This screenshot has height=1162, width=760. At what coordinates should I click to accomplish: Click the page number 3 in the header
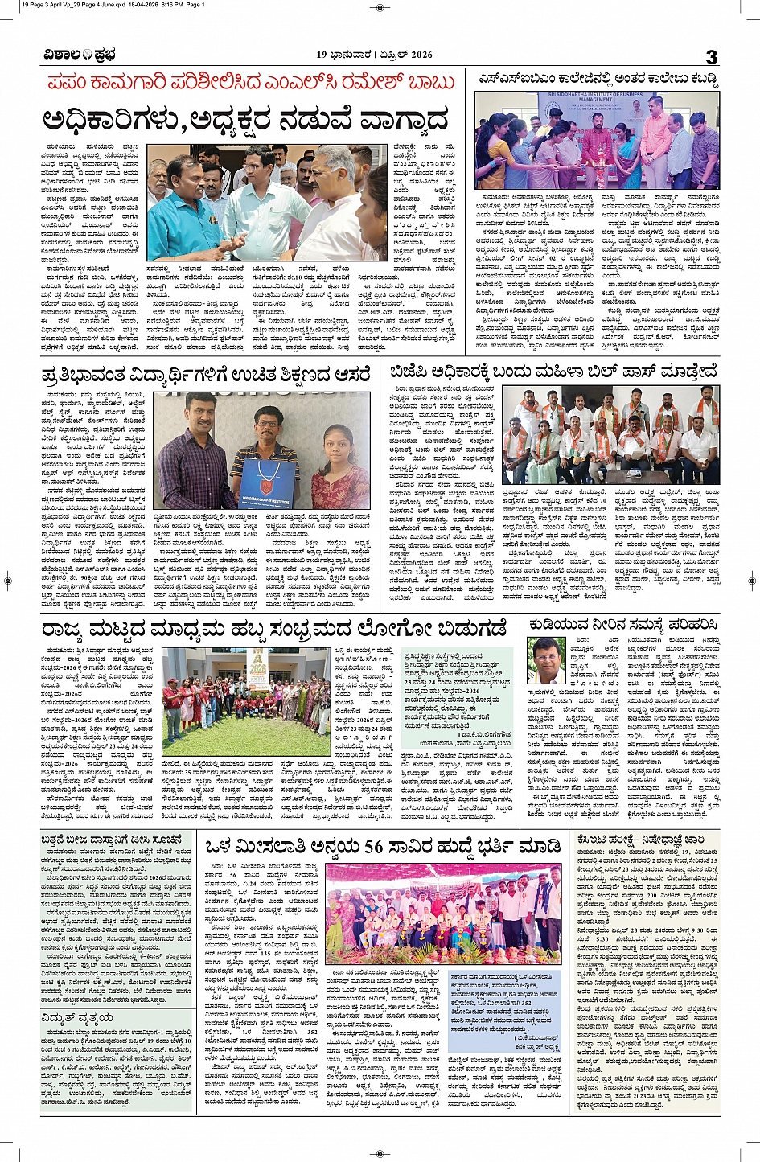[711, 55]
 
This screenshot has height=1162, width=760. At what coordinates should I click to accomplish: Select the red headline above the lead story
[252, 83]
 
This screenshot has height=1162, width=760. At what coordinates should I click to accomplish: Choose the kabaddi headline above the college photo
[598, 80]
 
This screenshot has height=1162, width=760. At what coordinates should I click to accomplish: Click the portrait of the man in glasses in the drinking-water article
[545, 659]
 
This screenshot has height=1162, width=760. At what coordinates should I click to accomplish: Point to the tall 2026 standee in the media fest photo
[257, 669]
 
